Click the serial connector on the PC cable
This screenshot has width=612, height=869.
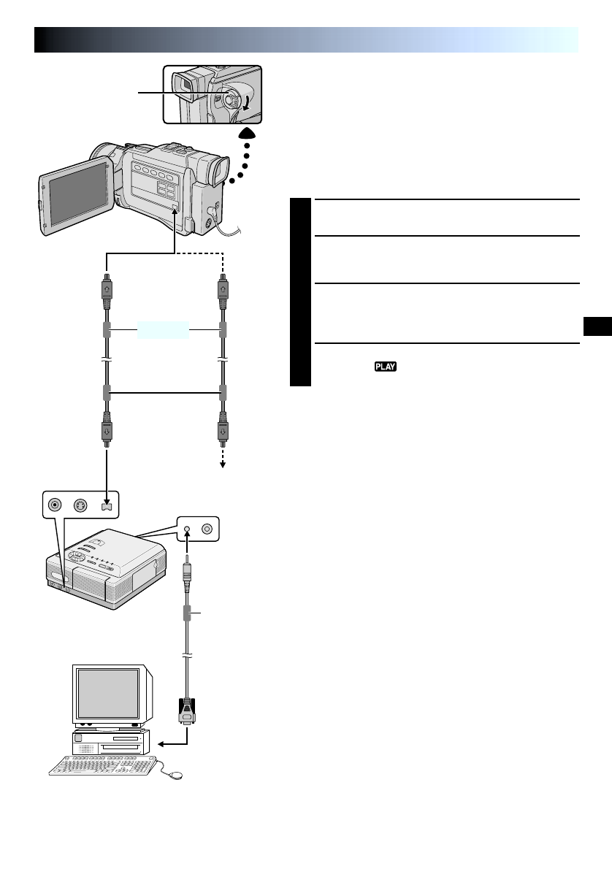tap(186, 711)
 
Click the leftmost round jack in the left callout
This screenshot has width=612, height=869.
tap(53, 505)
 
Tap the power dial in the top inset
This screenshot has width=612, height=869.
tap(231, 98)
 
